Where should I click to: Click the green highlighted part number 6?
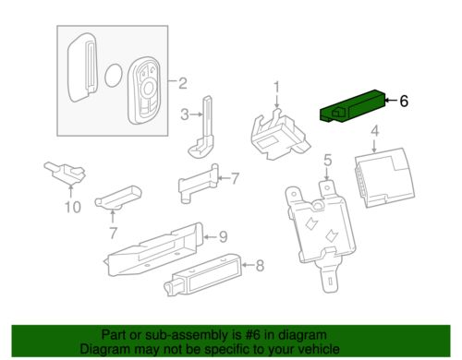[x=353, y=106]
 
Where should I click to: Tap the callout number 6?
[x=404, y=101]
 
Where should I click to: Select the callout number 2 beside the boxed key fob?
[x=183, y=83]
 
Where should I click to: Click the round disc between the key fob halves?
[x=114, y=75]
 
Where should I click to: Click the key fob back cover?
[x=82, y=67]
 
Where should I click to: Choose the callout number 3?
[x=185, y=114]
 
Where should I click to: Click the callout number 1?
[x=277, y=87]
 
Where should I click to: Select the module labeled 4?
[x=385, y=178]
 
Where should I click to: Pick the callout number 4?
[x=374, y=131]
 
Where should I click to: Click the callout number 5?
[x=328, y=161]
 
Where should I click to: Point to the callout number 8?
[x=261, y=265]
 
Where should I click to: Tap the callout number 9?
[x=224, y=236]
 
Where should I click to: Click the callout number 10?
[x=73, y=207]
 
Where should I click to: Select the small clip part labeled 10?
[x=65, y=173]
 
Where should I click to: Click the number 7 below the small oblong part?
[x=114, y=233]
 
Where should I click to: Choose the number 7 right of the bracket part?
[x=235, y=178]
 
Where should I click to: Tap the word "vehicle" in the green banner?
[x=320, y=349]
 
